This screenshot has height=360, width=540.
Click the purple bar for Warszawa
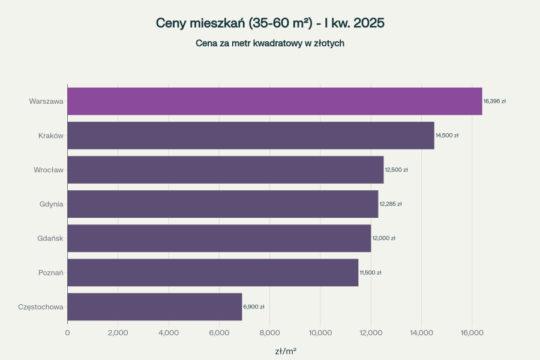click(274, 101)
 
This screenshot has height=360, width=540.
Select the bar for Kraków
click(250, 136)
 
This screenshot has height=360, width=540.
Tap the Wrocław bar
click(225, 170)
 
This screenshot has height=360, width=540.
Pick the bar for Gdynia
click(223, 204)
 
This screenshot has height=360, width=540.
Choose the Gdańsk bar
click(219, 238)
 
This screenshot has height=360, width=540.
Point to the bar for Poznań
click(212, 272)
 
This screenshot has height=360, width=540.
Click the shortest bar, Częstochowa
click(154, 307)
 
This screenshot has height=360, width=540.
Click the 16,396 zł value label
click(494, 101)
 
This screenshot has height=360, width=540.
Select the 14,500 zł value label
click(447, 136)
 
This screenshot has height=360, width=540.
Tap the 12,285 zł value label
click(391, 204)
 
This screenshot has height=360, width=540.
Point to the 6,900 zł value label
click(254, 307)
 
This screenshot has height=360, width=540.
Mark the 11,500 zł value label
click(370, 272)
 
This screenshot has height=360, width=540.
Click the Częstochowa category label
click(41, 307)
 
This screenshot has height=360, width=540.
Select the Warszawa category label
click(46, 101)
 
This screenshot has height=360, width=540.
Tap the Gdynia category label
click(50, 204)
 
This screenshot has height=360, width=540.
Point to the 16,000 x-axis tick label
click(472, 332)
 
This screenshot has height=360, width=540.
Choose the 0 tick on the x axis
click(67, 332)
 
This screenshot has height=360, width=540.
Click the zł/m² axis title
click(286, 351)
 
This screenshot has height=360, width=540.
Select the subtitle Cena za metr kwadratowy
click(270, 43)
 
